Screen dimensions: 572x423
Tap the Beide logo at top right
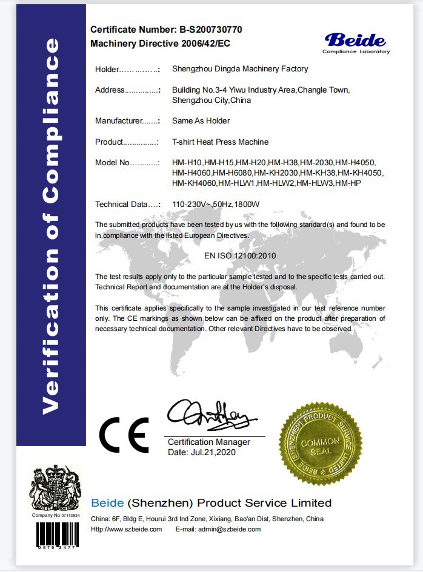click(355, 42)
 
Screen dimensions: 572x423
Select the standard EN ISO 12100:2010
click(240, 255)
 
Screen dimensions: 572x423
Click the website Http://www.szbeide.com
click(126, 529)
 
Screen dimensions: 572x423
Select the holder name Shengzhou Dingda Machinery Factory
click(240, 69)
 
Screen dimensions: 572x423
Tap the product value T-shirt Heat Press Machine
click(220, 142)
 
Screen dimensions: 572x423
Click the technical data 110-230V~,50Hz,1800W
click(216, 204)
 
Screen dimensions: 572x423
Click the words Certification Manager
click(208, 442)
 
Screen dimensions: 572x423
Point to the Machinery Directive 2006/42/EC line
click(160, 44)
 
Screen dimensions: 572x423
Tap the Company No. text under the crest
click(55, 515)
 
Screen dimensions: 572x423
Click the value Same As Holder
click(201, 120)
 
